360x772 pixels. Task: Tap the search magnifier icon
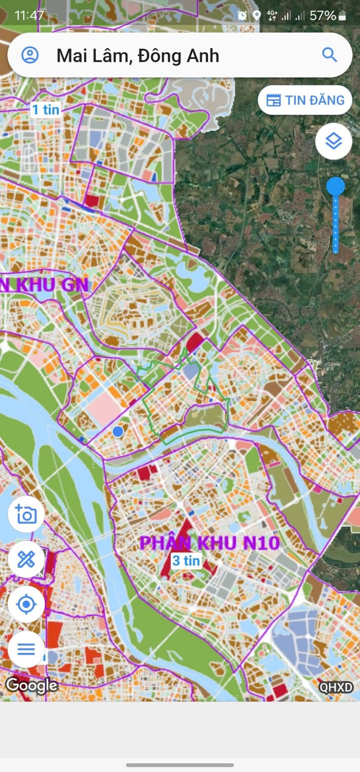pyautogui.click(x=329, y=54)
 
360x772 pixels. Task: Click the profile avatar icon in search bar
pyautogui.click(x=30, y=55)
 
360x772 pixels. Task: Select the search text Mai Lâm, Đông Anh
pyautogui.click(x=137, y=55)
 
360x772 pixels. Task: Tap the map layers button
pyautogui.click(x=333, y=141)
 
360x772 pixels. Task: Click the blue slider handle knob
pyautogui.click(x=335, y=187)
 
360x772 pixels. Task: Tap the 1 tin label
pyautogui.click(x=45, y=110)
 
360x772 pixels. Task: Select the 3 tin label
pyautogui.click(x=186, y=560)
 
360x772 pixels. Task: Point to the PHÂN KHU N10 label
pyautogui.click(x=209, y=543)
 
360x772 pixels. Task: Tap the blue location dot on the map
pyautogui.click(x=118, y=431)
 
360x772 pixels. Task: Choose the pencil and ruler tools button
pyautogui.click(x=26, y=559)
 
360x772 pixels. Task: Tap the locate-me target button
pyautogui.click(x=26, y=604)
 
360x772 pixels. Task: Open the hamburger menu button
pyautogui.click(x=26, y=649)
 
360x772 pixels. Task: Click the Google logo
pyautogui.click(x=31, y=685)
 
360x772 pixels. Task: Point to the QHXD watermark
pyautogui.click(x=336, y=687)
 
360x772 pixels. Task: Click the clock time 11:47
pyautogui.click(x=29, y=15)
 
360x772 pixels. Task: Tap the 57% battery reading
pyautogui.click(x=322, y=15)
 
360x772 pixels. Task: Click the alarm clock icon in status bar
pyautogui.click(x=242, y=15)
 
